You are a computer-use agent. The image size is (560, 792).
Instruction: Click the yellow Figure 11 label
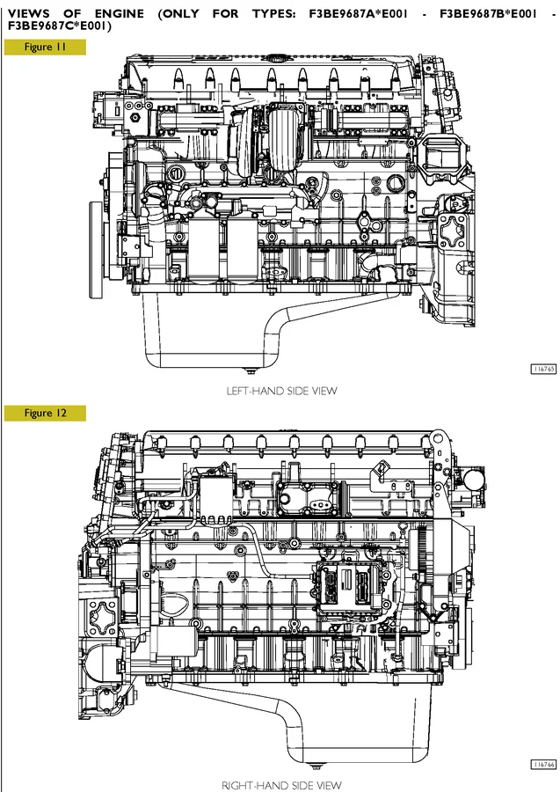(45, 48)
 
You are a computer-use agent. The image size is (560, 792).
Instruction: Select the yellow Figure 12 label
(45, 413)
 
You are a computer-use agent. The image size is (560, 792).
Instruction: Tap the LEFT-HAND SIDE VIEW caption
(281, 391)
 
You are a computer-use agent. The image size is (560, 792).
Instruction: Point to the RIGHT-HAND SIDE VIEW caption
(281, 784)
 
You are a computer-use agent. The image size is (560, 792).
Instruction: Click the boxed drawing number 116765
(543, 370)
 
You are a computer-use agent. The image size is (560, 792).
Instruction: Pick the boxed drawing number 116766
(543, 765)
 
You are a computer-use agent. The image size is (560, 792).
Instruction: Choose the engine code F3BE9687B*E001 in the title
(496, 13)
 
